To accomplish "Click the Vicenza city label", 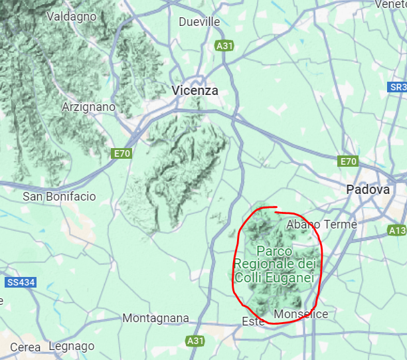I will pos(195,90).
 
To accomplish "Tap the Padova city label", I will pos(368,190).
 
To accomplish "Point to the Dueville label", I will pos(199,22).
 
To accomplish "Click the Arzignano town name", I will pos(88,106).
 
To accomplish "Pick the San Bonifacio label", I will pos(59,197).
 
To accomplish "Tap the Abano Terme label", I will pos(321,225).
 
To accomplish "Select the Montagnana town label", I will pos(155,319).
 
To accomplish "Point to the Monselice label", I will pos(301,314).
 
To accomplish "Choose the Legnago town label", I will pos(72,346).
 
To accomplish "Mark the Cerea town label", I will pos(25,347).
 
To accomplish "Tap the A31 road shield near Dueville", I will pos(224,46).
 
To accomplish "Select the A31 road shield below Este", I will pos(195,341).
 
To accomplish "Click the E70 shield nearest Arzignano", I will pos(122,154).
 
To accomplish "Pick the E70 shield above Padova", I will pos(348,161).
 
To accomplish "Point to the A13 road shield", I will pos(396,230).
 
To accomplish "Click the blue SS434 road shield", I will pos(21,282).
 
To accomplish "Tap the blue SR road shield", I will pos(397,88).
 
